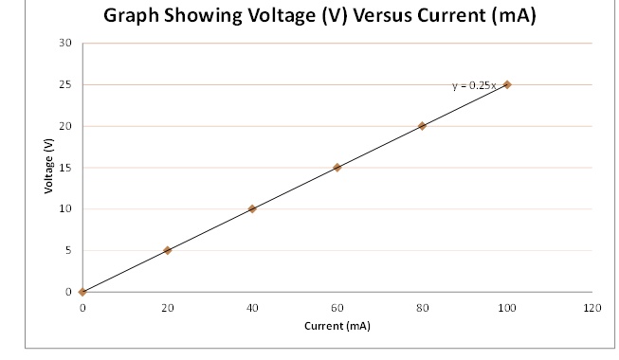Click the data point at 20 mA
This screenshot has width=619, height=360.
(168, 250)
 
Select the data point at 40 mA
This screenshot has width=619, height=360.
(252, 208)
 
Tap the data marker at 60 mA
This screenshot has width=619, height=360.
(337, 168)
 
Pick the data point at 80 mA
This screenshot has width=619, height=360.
(422, 126)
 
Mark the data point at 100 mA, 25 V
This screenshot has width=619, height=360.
(507, 84)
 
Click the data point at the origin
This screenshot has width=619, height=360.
(82, 292)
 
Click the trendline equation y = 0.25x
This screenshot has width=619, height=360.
(473, 85)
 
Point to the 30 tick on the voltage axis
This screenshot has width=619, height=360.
(64, 44)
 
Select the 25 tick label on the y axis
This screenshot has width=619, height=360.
(64, 84)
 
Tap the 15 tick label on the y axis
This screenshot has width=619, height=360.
(64, 168)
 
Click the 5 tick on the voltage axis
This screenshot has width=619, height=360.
(67, 250)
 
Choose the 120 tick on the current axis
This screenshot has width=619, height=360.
(592, 309)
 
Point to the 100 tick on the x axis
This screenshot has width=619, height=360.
(507, 309)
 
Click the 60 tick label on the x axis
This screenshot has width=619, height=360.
(337, 309)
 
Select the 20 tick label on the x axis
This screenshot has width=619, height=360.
(168, 309)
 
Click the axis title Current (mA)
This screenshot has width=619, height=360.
(337, 326)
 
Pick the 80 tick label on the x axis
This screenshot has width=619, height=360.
(422, 309)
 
